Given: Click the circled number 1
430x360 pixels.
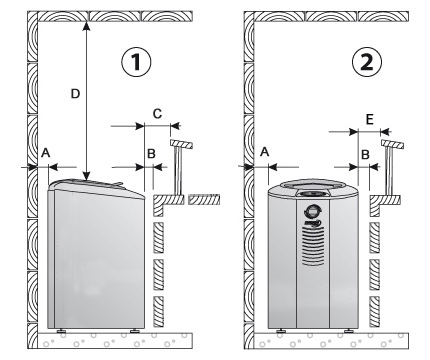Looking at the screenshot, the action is [136, 62].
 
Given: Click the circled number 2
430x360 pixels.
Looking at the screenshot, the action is [367, 62].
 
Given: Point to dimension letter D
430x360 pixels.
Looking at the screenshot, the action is [75, 94].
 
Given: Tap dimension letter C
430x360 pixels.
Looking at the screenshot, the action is [157, 114].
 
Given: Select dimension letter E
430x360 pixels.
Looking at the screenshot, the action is [369, 119].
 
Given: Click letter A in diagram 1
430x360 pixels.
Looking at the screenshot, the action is [46, 153].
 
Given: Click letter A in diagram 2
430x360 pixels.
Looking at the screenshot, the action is [264, 152].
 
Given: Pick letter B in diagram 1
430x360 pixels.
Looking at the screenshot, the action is [151, 154].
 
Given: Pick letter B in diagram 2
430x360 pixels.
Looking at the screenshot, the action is [365, 154].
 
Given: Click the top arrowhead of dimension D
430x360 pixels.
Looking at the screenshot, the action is [86, 25].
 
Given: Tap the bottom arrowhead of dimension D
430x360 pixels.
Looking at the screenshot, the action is [86, 176].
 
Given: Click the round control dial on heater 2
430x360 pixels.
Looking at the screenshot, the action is [312, 211].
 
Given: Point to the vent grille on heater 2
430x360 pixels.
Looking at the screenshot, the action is [313, 246].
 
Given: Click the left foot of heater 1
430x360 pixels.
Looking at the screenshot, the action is [61, 331].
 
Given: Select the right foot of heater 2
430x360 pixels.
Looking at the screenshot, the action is [350, 331].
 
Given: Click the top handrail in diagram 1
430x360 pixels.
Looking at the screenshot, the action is [182, 144].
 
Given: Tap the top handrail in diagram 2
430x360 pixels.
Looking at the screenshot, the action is [393, 144].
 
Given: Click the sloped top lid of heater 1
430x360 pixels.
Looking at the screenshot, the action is [97, 187].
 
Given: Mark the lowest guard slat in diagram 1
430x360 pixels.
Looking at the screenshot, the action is [158, 311].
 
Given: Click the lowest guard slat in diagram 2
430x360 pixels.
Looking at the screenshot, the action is [374, 311].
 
